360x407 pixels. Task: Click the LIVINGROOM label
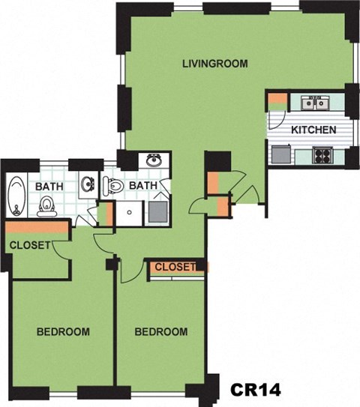pos(214,64)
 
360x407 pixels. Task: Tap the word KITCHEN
pos(313,130)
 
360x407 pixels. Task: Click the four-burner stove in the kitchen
pos(322,156)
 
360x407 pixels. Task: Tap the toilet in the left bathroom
pos(46,204)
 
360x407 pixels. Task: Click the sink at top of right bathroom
pos(154,160)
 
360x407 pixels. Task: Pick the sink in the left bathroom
pos(87,184)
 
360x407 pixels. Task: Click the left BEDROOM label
pos(64,331)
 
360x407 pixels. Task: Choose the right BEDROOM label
pos(161,331)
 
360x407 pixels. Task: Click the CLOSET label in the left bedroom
pos(30,245)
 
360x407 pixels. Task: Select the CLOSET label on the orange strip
pos(174,266)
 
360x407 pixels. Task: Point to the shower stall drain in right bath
pos(130,211)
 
